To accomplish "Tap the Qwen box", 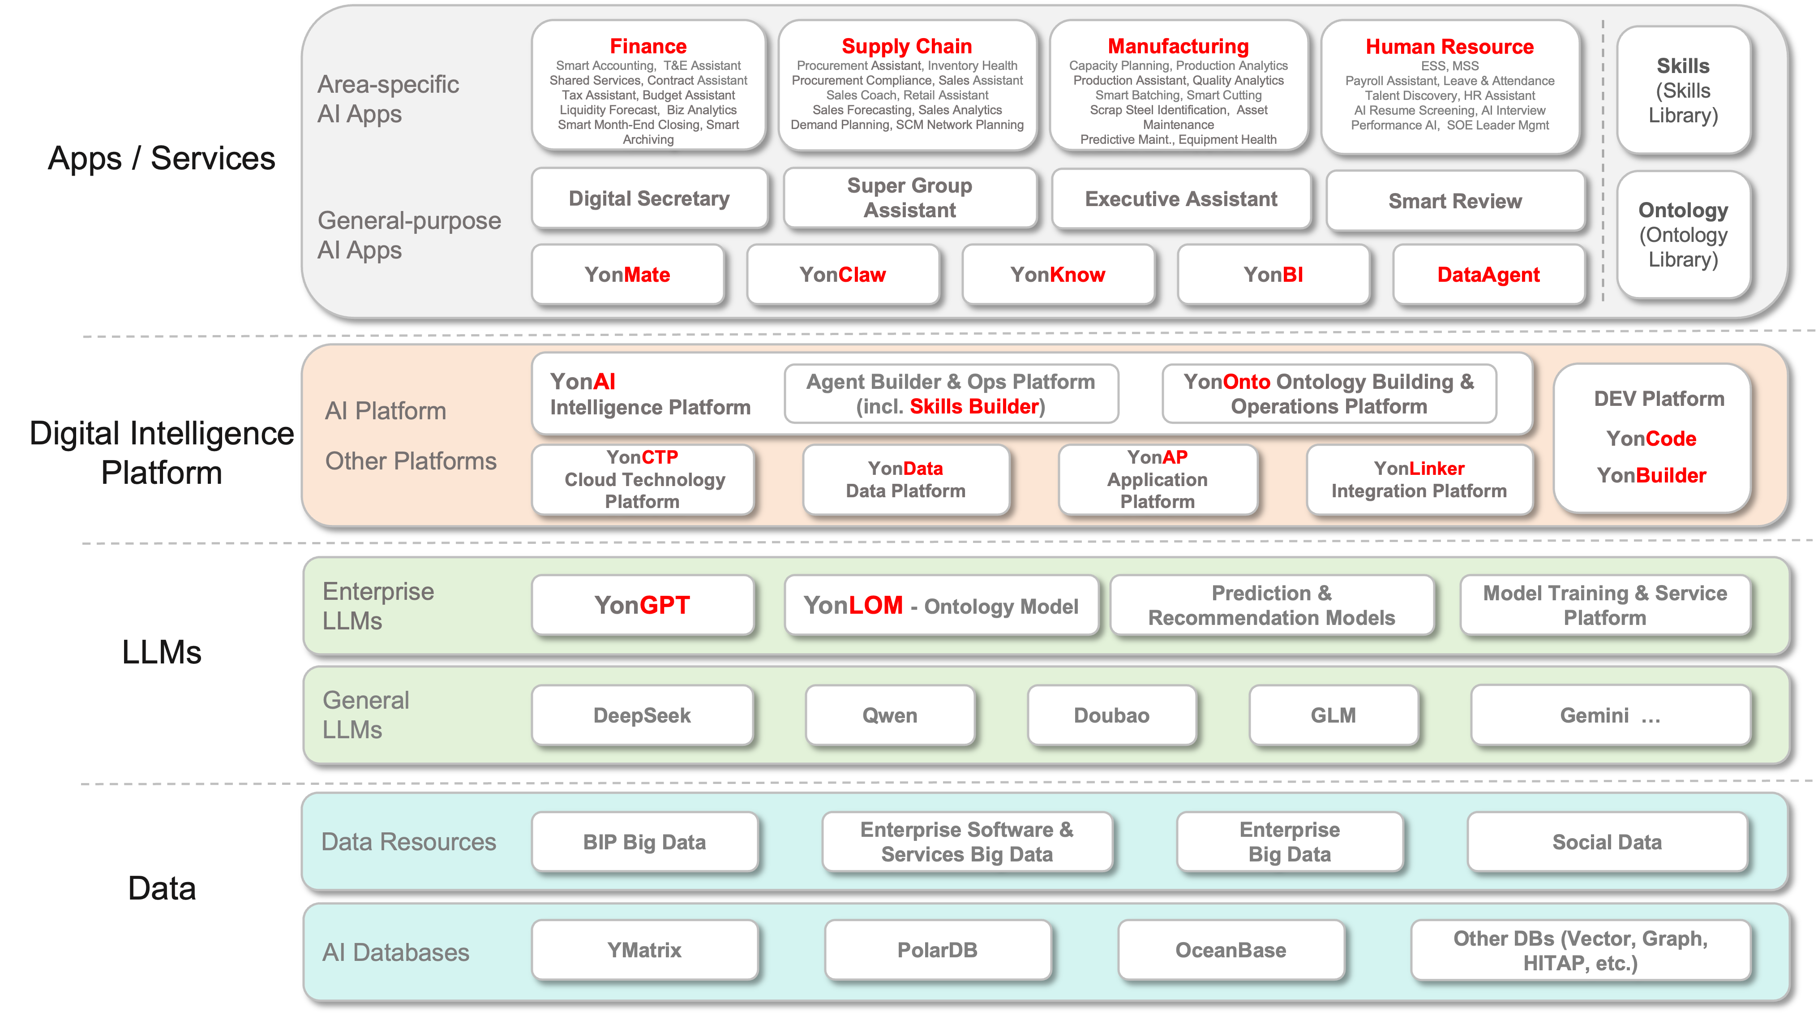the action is (890, 715).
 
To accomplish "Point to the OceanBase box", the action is (1231, 950).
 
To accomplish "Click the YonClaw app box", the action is (843, 275).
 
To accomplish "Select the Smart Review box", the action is (1455, 201).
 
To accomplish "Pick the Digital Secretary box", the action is (649, 198).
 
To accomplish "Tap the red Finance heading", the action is (648, 47).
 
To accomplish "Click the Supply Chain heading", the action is (907, 47).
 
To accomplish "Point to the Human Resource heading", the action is (1449, 47).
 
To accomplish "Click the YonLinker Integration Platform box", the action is (1419, 479).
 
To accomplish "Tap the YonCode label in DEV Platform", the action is (1651, 439).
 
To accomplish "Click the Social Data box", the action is (1607, 842).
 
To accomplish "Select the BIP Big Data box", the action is (644, 842).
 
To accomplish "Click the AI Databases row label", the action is (395, 952).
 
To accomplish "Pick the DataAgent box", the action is (1488, 275).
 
